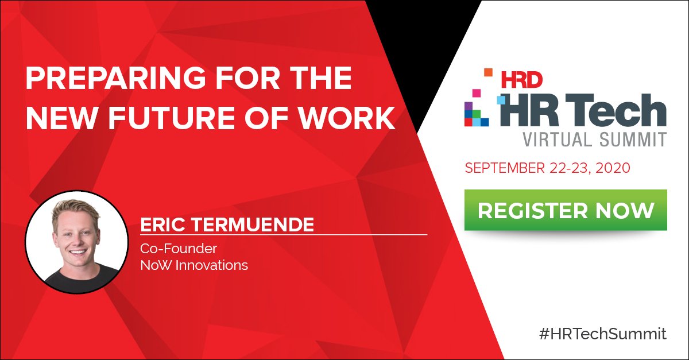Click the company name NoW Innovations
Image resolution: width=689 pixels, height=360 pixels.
(194, 265)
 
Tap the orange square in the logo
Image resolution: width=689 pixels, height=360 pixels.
(489, 72)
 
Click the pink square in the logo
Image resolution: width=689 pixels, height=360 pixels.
(476, 92)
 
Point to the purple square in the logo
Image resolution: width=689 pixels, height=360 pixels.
(469, 106)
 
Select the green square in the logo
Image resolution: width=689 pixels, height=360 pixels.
(476, 114)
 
